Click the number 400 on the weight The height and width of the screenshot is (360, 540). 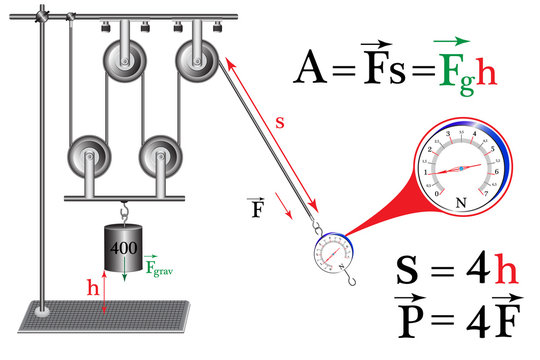click(124, 246)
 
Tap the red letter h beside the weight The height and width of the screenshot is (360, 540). click(93, 286)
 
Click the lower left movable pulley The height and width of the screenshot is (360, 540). click(87, 156)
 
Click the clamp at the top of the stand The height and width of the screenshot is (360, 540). click(42, 17)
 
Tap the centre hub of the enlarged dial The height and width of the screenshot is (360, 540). click(461, 168)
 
